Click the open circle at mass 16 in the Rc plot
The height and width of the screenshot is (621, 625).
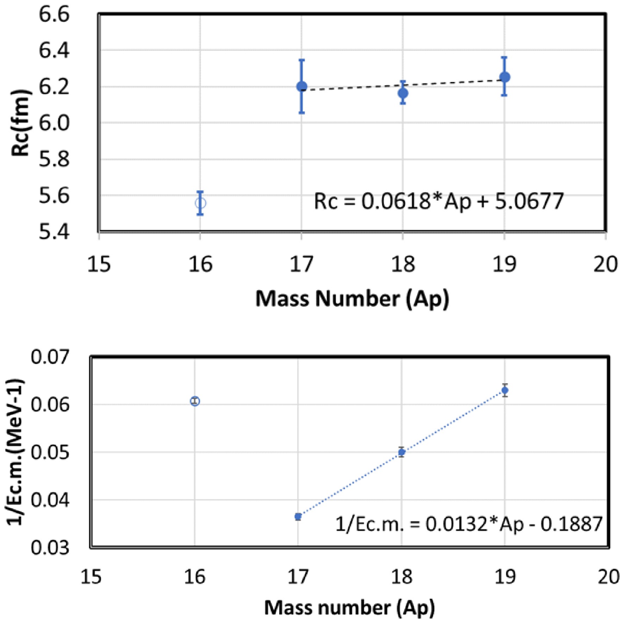click(200, 203)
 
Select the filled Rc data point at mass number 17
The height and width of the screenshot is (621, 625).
click(301, 86)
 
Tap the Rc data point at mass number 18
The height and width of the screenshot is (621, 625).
click(403, 93)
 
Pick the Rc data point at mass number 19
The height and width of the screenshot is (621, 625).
click(505, 77)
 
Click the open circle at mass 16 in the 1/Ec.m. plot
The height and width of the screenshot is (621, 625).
click(195, 401)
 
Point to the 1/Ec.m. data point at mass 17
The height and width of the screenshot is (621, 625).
click(298, 517)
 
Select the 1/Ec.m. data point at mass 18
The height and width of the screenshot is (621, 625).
click(401, 452)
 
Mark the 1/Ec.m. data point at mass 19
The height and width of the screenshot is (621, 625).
click(505, 390)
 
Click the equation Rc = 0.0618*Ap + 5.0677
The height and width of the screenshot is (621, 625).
click(439, 201)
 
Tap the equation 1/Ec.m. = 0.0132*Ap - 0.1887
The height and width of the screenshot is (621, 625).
click(469, 524)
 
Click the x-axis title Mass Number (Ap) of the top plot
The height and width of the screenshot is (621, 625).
click(352, 299)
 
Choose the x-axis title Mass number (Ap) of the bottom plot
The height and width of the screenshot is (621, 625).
click(350, 608)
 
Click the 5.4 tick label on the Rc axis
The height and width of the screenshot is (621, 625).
click(54, 232)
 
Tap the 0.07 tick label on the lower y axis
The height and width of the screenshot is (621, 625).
click(50, 357)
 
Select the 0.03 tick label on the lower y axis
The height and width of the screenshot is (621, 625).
click(50, 548)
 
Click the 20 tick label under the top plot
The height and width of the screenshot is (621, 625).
click(605, 264)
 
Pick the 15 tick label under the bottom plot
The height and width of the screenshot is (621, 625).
click(91, 577)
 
